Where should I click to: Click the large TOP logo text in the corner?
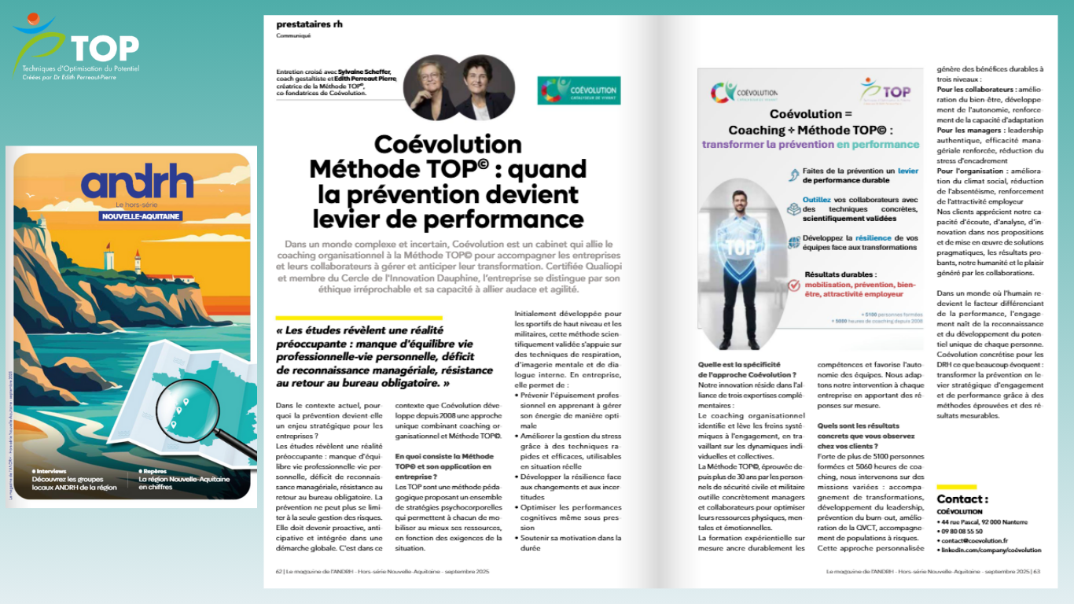[x=105, y=47]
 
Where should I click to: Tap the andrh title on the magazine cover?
[x=138, y=182]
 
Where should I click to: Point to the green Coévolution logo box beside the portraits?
[x=579, y=90]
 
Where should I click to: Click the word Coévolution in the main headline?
[x=447, y=145]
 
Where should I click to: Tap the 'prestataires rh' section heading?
[x=309, y=24]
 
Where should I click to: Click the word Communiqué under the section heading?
[x=293, y=35]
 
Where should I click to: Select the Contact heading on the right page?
[x=962, y=499]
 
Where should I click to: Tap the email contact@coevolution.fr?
[x=976, y=540]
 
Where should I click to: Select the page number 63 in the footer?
[x=1037, y=572]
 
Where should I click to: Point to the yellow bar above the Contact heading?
[x=956, y=487]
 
